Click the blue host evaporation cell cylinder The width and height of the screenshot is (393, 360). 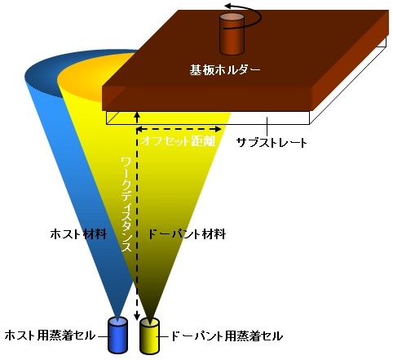point(117,336)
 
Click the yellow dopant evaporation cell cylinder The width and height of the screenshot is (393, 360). point(149,336)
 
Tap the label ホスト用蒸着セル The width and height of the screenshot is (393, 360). point(50,336)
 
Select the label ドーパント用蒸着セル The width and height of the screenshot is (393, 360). point(227,336)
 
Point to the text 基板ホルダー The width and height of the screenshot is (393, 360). point(225,70)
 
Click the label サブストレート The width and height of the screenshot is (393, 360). point(272,142)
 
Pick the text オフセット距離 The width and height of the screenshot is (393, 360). point(179,140)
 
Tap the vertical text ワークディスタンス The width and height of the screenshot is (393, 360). point(126,205)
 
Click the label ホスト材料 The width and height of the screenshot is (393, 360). point(78,234)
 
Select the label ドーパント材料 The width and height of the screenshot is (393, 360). point(187,234)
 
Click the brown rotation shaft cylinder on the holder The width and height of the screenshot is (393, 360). point(232,33)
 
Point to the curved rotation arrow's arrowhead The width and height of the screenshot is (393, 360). point(229,6)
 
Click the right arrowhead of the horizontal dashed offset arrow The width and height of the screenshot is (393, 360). point(218,129)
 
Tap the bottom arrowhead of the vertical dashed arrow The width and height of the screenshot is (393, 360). point(137,317)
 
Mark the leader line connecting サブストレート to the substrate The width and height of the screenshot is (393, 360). point(267,127)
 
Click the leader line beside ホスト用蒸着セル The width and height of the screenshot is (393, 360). point(103,336)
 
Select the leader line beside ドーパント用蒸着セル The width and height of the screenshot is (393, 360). point(163,337)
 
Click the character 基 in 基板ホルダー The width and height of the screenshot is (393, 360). point(196,70)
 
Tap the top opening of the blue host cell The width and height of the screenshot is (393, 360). point(117,321)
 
